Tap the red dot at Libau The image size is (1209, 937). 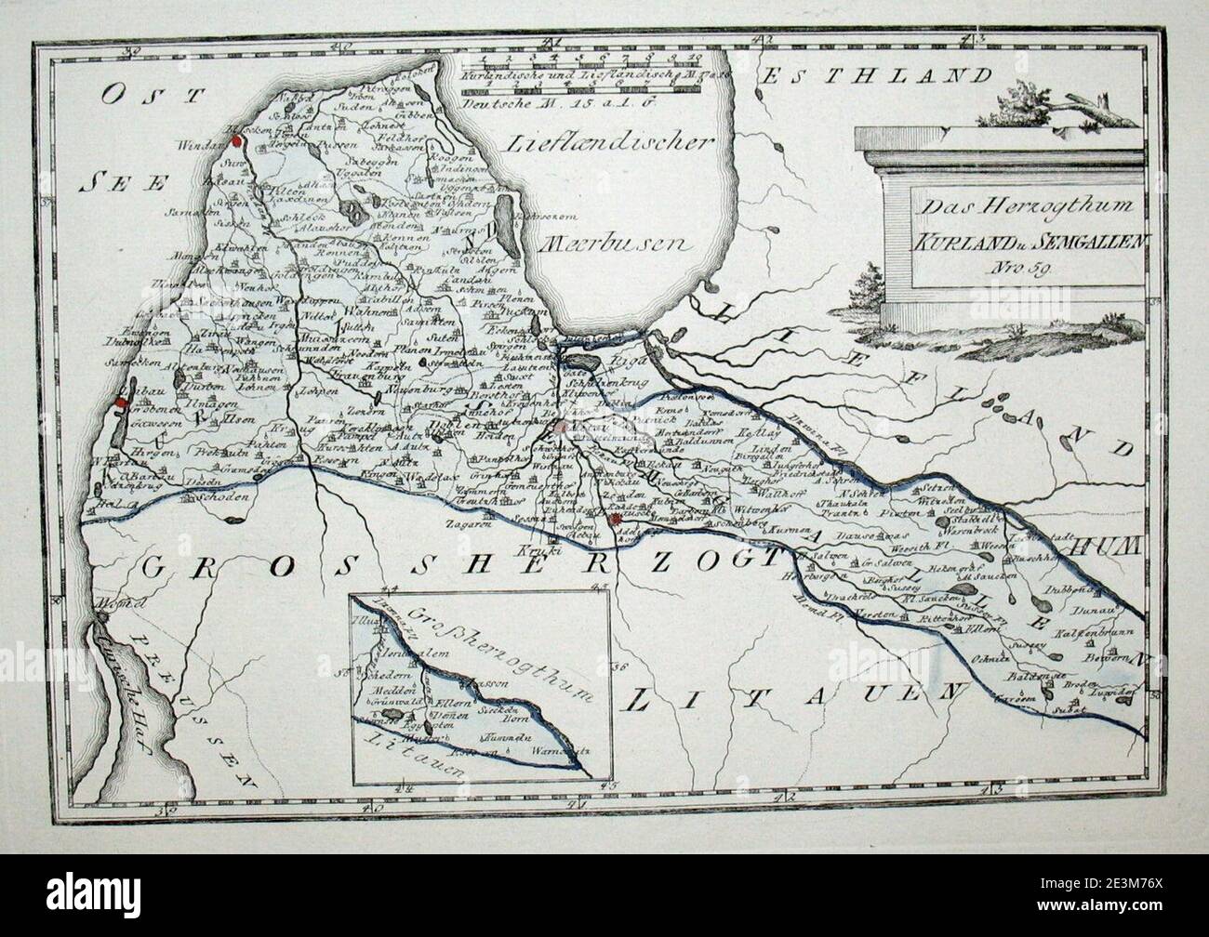point(121,403)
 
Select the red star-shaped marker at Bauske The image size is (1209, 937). point(616,521)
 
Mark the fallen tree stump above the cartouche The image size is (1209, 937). point(1069,107)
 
